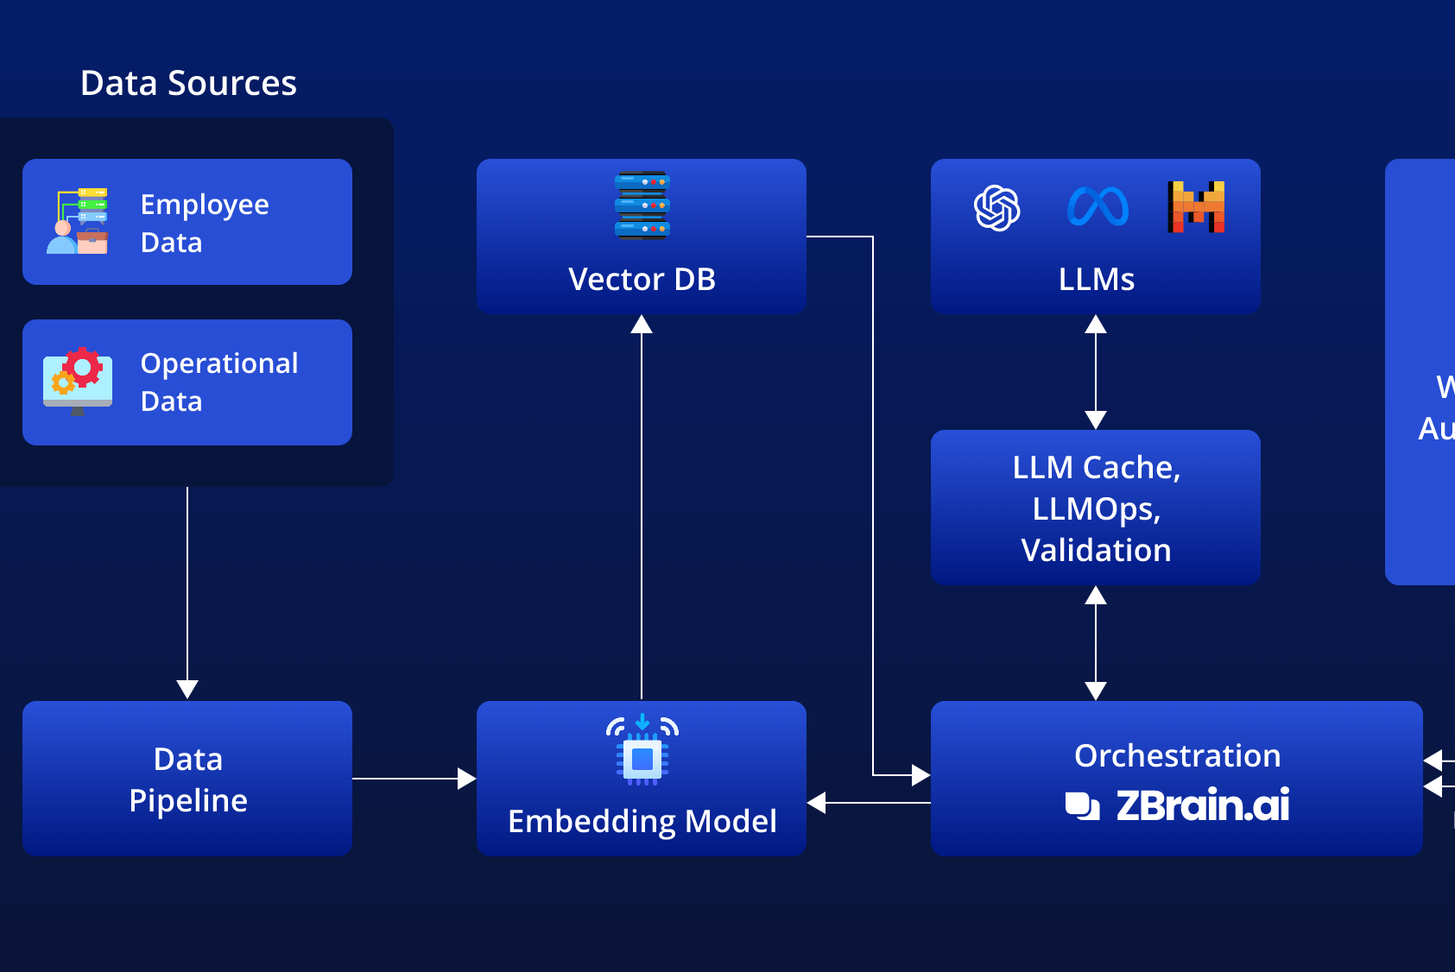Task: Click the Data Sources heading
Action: click(x=188, y=84)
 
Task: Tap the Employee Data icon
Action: click(x=78, y=221)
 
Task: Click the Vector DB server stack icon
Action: click(x=642, y=205)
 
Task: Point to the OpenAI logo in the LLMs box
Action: click(x=997, y=208)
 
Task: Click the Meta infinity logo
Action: click(x=1098, y=207)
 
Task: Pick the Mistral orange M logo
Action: click(x=1196, y=207)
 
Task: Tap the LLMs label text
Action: click(x=1096, y=280)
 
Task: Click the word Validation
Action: click(x=1096, y=551)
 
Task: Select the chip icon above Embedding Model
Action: click(x=642, y=751)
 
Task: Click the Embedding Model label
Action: click(x=642, y=822)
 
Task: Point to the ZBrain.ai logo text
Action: click(x=1202, y=805)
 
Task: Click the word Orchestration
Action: click(x=1177, y=756)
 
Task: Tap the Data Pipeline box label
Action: click(x=187, y=779)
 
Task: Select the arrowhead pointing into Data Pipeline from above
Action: click(x=187, y=689)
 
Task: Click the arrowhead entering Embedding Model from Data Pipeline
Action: click(x=466, y=779)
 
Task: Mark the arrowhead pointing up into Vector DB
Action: click(x=642, y=325)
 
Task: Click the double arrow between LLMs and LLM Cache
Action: click(x=1096, y=372)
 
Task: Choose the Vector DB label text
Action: click(x=642, y=280)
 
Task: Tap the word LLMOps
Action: click(x=1096, y=509)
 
